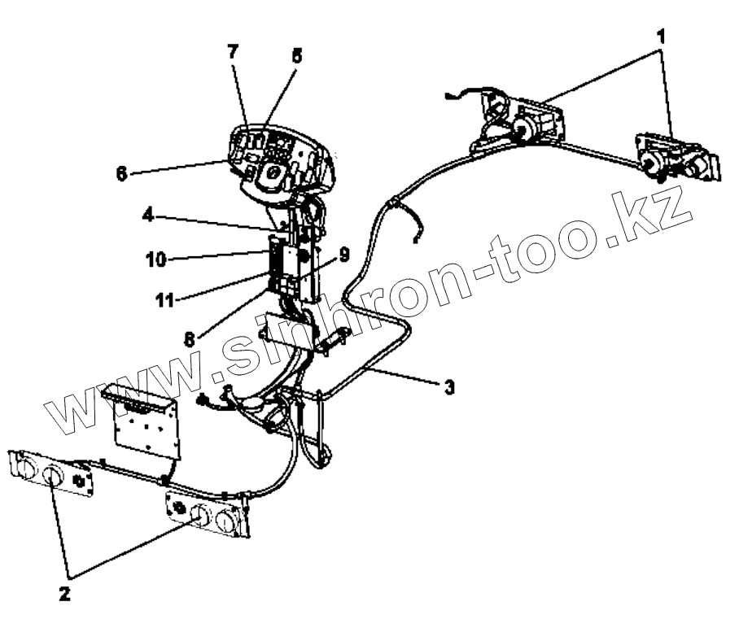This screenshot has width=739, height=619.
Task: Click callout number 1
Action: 662,36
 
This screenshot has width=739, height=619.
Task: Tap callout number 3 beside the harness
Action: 448,388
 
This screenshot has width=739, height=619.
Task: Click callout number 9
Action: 344,255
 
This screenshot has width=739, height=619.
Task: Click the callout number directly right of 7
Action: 295,57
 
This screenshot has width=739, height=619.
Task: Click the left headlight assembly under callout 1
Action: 521,122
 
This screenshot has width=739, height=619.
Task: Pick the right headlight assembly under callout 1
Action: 676,159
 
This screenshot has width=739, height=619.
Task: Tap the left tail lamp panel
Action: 49,473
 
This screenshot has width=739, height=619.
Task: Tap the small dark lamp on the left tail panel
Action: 79,481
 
